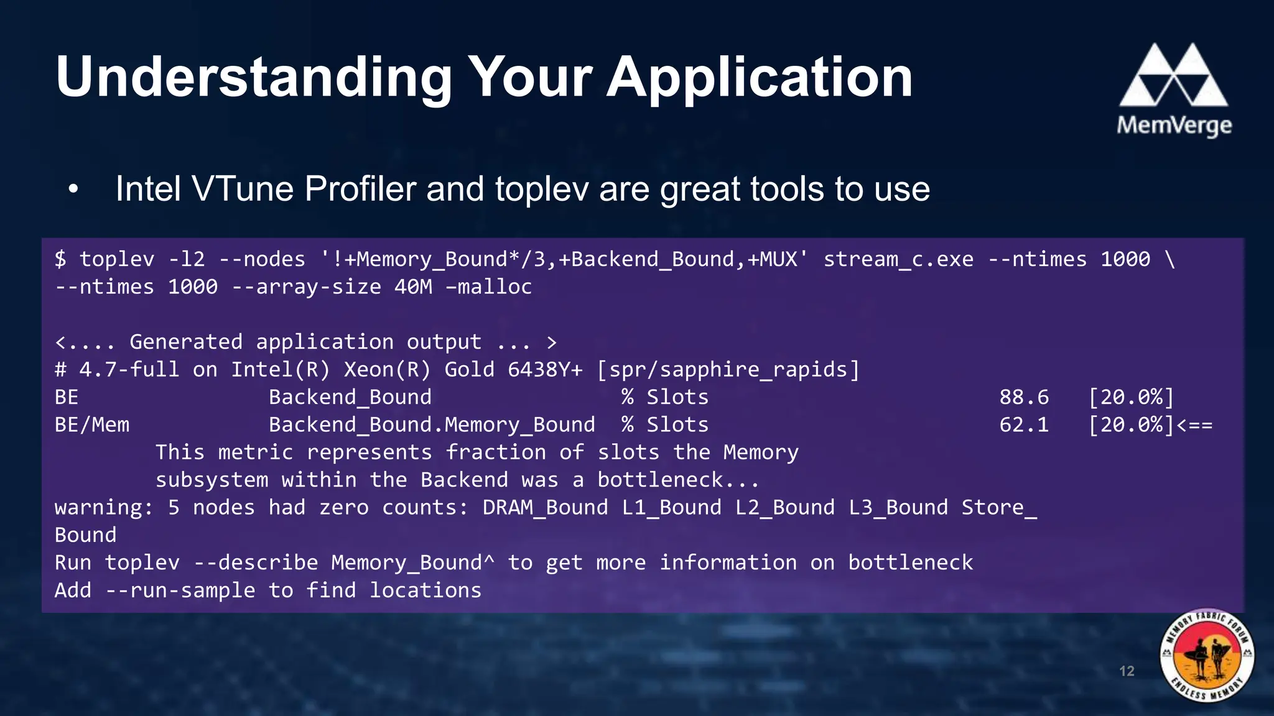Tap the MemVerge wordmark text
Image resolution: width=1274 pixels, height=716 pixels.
[1174, 126]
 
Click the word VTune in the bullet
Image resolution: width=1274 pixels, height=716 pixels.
[243, 189]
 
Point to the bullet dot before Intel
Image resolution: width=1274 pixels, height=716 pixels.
[73, 190]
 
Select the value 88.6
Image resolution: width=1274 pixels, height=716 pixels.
[1023, 397]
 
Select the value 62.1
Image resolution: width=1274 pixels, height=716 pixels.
[1023, 425]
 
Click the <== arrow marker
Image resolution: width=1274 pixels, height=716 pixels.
[1194, 426]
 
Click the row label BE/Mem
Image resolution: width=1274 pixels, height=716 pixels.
[92, 425]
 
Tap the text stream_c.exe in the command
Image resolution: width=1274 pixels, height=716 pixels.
[898, 259]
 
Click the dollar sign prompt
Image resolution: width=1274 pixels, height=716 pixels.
[60, 259]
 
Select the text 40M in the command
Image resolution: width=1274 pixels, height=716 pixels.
[412, 287]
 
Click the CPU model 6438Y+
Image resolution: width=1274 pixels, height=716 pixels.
[545, 370]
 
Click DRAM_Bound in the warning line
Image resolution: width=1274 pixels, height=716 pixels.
[545, 508]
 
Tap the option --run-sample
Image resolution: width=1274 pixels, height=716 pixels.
[180, 590]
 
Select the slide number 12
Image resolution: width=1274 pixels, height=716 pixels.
[1127, 671]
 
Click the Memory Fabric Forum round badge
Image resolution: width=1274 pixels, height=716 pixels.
[1207, 655]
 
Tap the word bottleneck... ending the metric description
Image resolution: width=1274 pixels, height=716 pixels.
[678, 480]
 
